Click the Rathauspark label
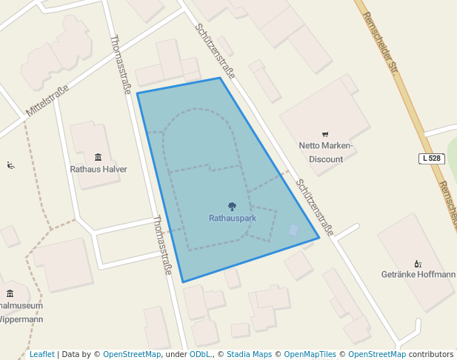point(232,219)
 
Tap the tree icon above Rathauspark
point(232,207)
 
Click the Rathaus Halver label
point(99,169)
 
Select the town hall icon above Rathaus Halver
point(99,157)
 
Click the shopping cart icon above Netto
point(325,134)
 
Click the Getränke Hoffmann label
point(418,274)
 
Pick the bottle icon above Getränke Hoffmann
point(418,263)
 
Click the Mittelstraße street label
point(47,101)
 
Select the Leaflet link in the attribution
point(41,355)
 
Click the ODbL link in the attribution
point(201,355)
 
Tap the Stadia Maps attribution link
point(249,355)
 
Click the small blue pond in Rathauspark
point(295,230)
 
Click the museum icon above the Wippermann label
point(10,293)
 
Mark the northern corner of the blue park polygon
point(220,78)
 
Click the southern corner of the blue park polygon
point(183,282)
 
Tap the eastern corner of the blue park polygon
point(319,238)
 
